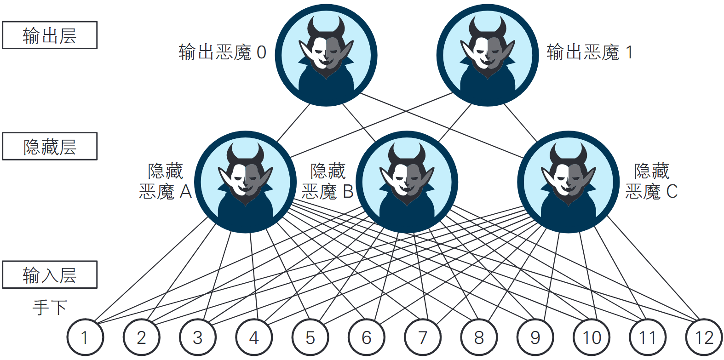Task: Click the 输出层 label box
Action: pos(50,35)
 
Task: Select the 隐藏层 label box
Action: pos(50,146)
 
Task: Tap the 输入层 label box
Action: pos(50,274)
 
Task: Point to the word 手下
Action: pos(50,307)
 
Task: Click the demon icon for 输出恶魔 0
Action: pos(326,55)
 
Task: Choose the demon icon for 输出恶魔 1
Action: pos(488,55)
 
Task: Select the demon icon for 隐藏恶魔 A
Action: pos(245,182)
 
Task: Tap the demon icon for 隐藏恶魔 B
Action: pos(407,182)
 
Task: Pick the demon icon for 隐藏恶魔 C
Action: pos(568,182)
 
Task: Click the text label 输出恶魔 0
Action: pos(222,52)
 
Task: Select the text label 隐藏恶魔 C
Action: pos(651,181)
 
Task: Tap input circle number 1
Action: pos(85,337)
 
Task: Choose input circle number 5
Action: pos(310,337)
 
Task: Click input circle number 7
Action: pos(423,337)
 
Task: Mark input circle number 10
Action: pos(592,337)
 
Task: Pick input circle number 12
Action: pos(704,337)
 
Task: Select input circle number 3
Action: pos(198,337)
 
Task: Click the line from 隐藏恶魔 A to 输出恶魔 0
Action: pos(293,123)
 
